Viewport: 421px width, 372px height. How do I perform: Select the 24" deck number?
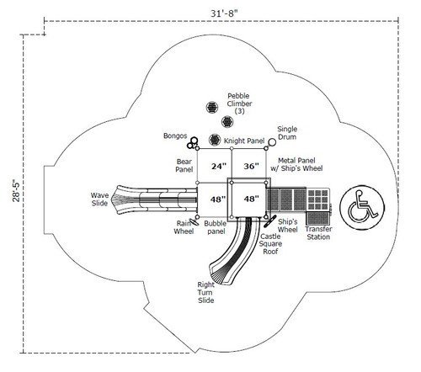218,167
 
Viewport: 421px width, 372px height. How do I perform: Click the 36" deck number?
251,167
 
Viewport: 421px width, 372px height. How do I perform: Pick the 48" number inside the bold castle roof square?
250,199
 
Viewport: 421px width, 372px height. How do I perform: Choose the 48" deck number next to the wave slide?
217,199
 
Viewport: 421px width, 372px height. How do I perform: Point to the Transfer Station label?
318,233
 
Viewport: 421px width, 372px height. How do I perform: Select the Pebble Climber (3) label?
239,104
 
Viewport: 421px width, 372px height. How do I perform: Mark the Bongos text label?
175,136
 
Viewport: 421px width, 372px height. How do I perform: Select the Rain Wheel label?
184,227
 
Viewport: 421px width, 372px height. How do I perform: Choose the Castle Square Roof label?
270,243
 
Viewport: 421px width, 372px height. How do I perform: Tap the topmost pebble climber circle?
209,107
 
